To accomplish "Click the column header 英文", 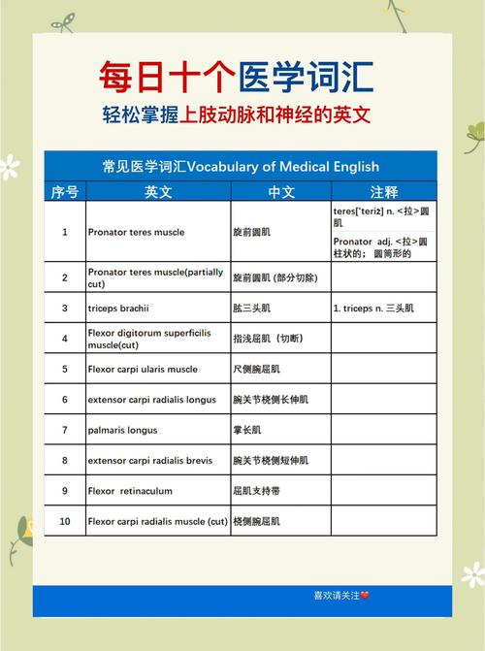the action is (x=158, y=191).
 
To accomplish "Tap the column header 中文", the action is (x=281, y=191).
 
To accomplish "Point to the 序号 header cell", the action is (x=65, y=191).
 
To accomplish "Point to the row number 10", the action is (x=65, y=522).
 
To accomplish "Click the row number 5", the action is (x=65, y=370).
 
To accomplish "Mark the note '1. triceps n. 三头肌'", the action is (x=373, y=309).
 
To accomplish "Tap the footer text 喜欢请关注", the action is (x=336, y=595).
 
